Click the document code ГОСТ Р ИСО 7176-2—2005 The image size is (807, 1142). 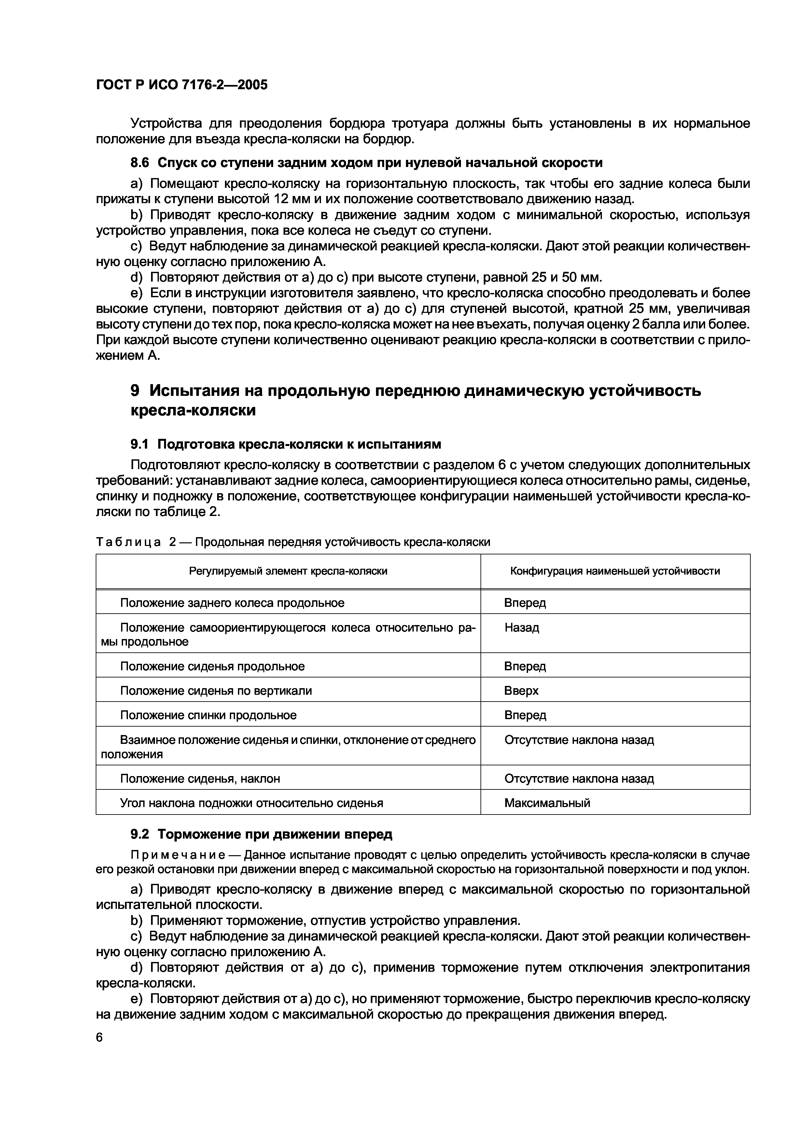click(x=182, y=85)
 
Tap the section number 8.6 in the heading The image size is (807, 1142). click(x=139, y=163)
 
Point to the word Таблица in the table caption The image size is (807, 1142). click(x=128, y=542)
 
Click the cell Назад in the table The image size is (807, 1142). click(x=522, y=628)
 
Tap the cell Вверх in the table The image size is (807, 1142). click(x=521, y=690)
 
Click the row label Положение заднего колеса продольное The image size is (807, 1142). click(x=232, y=603)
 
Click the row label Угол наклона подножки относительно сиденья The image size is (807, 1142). click(x=252, y=803)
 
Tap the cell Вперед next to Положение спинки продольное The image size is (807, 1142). click(x=525, y=715)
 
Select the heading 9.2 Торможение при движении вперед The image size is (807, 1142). click(x=261, y=834)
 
